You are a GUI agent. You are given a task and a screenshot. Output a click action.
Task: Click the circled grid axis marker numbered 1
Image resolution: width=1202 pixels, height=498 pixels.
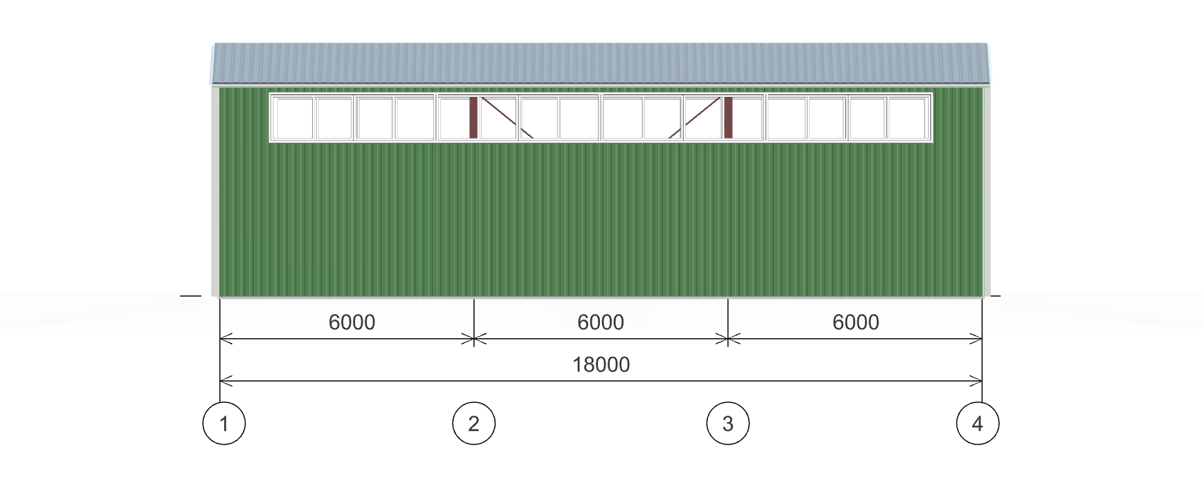pyautogui.click(x=224, y=423)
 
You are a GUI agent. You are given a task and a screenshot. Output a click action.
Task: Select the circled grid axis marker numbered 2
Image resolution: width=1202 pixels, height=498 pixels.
pyautogui.click(x=474, y=423)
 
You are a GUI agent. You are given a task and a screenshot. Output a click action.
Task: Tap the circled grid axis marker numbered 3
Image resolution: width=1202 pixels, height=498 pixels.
pyautogui.click(x=728, y=423)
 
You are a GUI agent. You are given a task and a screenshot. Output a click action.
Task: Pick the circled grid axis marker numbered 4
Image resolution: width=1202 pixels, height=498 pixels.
pyautogui.click(x=978, y=423)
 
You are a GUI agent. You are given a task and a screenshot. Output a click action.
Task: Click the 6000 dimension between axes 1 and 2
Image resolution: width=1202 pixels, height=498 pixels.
pyautogui.click(x=352, y=322)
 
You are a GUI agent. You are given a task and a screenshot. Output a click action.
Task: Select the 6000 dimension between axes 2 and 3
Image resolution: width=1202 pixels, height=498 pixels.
pyautogui.click(x=601, y=322)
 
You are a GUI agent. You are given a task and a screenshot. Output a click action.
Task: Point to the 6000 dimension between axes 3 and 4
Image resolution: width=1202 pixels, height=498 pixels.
pyautogui.click(x=856, y=322)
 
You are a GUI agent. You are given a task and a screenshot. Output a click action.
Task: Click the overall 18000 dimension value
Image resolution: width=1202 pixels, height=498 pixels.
pyautogui.click(x=601, y=365)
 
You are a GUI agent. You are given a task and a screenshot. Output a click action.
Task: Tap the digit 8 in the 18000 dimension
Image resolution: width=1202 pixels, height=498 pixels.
pyautogui.click(x=588, y=365)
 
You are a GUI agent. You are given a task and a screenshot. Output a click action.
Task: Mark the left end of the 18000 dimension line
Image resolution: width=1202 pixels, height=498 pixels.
pyautogui.click(x=220, y=381)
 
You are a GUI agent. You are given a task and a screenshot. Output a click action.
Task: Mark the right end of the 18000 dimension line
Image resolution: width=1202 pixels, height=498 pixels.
pyautogui.click(x=983, y=381)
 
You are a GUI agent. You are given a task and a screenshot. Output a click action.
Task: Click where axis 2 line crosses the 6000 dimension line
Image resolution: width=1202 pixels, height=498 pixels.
pyautogui.click(x=474, y=339)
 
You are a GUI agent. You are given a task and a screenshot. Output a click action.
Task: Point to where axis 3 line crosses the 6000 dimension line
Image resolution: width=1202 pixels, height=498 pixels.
pyautogui.click(x=728, y=339)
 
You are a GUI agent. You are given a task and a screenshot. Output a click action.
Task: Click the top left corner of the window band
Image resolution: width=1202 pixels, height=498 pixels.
pyautogui.click(x=269, y=93)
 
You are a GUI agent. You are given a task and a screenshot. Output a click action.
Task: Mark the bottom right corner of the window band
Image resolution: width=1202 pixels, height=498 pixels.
pyautogui.click(x=933, y=142)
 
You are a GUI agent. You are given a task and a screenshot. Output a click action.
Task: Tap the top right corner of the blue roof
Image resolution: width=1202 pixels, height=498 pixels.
pyautogui.click(x=987, y=44)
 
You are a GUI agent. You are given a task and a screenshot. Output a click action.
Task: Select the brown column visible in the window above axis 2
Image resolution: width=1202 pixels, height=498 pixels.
pyautogui.click(x=473, y=118)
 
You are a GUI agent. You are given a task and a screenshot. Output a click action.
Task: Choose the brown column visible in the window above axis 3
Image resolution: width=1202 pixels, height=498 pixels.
pyautogui.click(x=728, y=118)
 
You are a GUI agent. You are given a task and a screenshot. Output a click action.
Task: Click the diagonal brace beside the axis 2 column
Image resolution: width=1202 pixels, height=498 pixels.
pyautogui.click(x=507, y=118)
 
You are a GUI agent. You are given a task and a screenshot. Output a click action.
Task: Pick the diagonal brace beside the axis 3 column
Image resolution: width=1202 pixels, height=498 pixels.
pyautogui.click(x=695, y=118)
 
